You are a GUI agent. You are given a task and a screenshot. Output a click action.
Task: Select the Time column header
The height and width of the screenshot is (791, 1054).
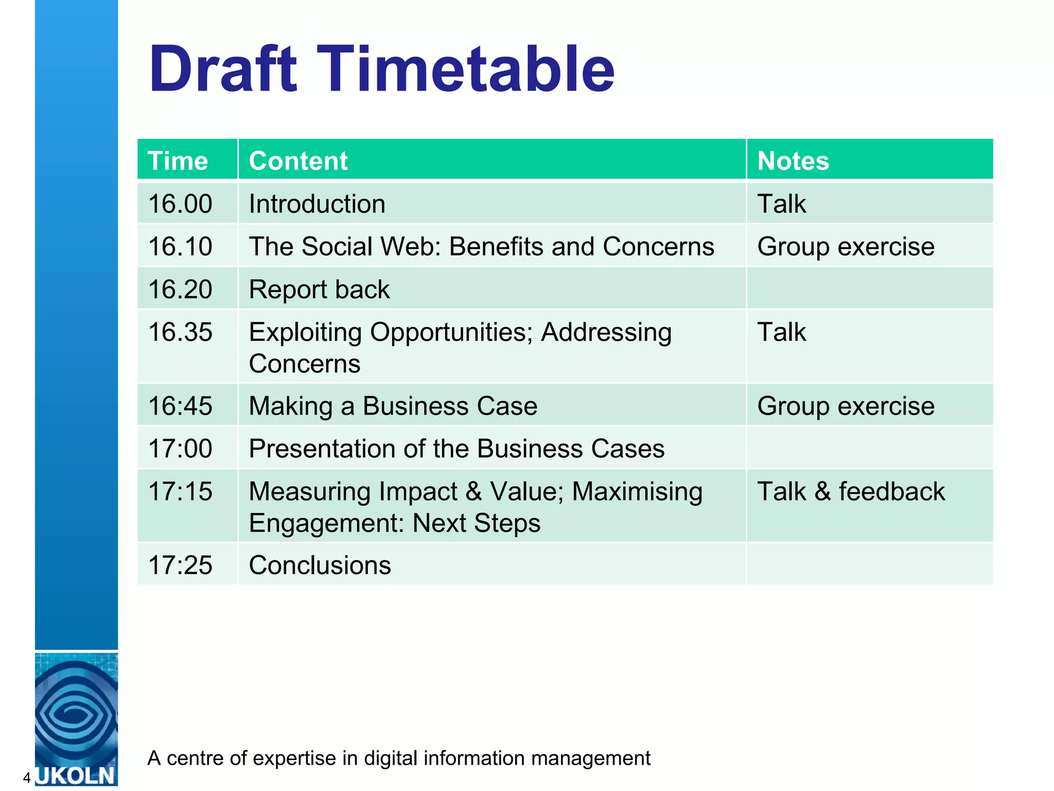[178, 161]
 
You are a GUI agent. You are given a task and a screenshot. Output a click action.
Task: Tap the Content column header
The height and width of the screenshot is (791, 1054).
[298, 161]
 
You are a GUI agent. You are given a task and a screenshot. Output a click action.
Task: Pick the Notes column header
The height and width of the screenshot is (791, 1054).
[793, 161]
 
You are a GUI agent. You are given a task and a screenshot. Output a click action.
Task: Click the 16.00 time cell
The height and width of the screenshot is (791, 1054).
[180, 204]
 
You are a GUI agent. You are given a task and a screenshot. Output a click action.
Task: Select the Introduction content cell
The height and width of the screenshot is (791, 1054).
[317, 204]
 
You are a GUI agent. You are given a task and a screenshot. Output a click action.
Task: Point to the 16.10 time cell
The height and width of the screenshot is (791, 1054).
[180, 247]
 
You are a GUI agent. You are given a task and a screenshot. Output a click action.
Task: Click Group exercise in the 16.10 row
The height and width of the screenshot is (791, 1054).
[846, 247]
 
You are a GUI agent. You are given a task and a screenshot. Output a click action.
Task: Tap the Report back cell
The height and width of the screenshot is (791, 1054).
[319, 289]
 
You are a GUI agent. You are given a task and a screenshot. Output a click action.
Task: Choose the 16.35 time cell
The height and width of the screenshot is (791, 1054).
[180, 332]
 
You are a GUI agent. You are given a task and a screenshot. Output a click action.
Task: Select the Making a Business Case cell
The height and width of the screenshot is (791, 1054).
[393, 406]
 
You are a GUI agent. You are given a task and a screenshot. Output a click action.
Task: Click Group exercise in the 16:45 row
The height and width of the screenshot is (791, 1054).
[846, 406]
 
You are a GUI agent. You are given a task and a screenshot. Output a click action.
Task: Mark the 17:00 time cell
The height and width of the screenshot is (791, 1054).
[180, 449]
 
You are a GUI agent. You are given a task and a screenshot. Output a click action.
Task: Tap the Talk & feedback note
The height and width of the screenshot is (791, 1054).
[851, 491]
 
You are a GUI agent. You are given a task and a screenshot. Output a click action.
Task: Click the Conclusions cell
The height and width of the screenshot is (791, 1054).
[320, 565]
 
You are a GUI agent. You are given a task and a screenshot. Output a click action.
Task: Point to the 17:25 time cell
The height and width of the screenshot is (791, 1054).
[180, 565]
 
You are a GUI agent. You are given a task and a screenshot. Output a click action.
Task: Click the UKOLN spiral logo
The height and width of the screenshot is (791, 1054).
[76, 713]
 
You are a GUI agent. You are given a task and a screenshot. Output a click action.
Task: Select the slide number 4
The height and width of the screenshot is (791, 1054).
[27, 778]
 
